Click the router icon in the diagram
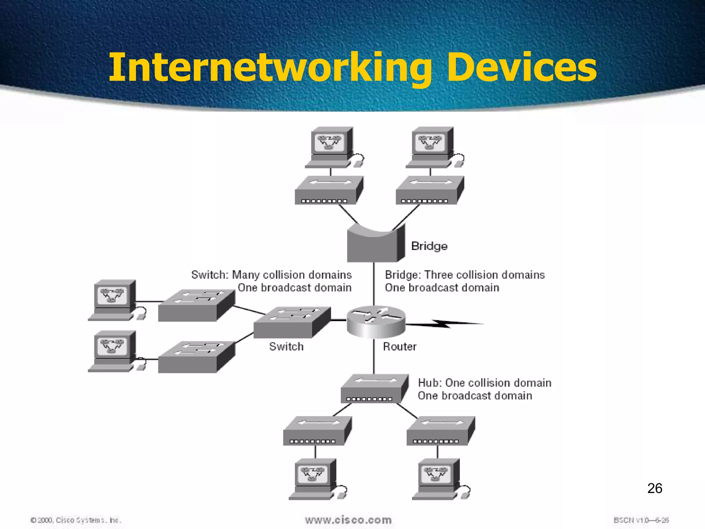tap(376, 322)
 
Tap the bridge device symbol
tap(375, 244)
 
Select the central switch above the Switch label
tap(292, 322)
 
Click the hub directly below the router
tap(374, 389)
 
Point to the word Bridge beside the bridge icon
tap(429, 246)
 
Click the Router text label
tap(400, 346)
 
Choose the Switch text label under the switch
tap(286, 346)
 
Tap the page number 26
tap(654, 488)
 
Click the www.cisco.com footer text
tap(348, 520)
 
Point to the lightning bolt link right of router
tap(444, 324)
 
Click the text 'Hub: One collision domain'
tap(484, 383)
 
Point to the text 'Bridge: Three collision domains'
tap(465, 275)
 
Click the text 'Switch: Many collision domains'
tap(271, 275)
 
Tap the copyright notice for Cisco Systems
tap(76, 520)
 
